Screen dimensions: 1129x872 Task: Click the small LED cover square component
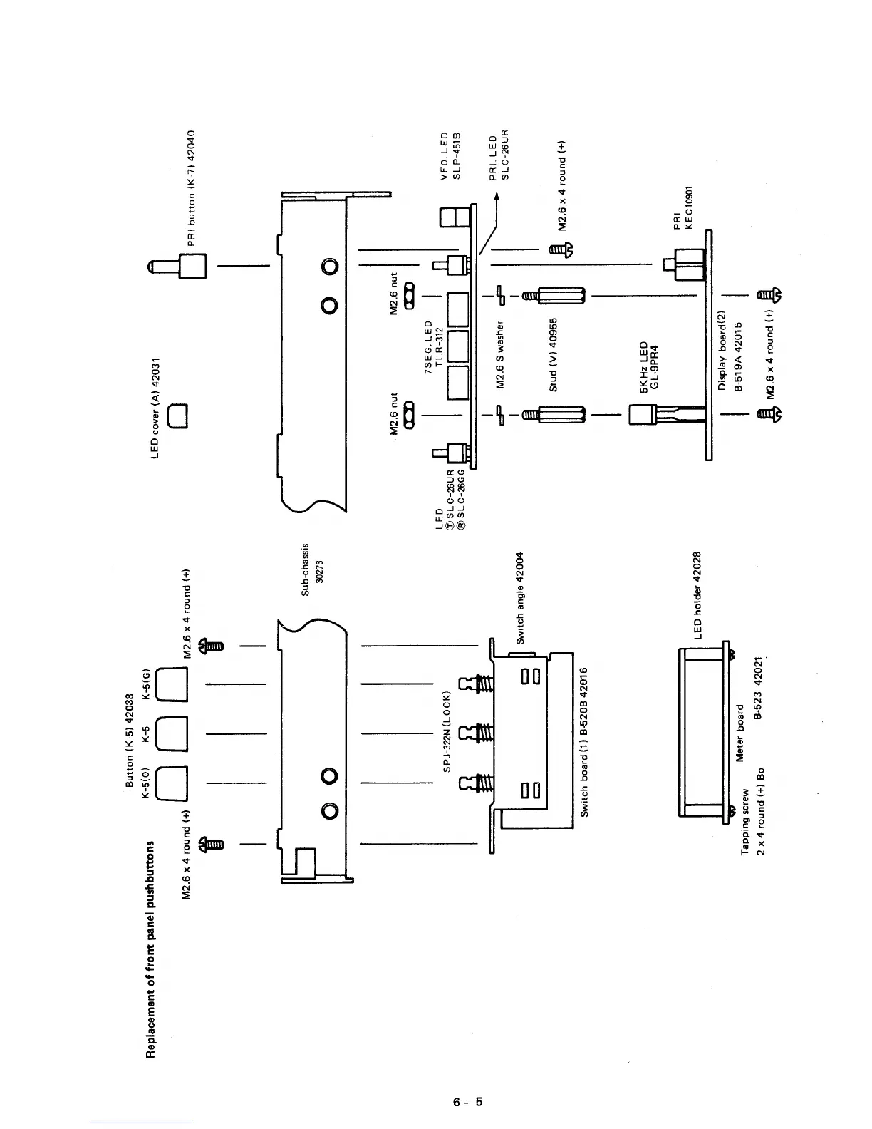[177, 415]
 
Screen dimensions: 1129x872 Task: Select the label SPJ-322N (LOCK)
[447, 740]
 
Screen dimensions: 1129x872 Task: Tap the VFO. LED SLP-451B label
[452, 155]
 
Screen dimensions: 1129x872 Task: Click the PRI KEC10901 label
[683, 205]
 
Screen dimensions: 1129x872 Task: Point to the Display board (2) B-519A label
[730, 351]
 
